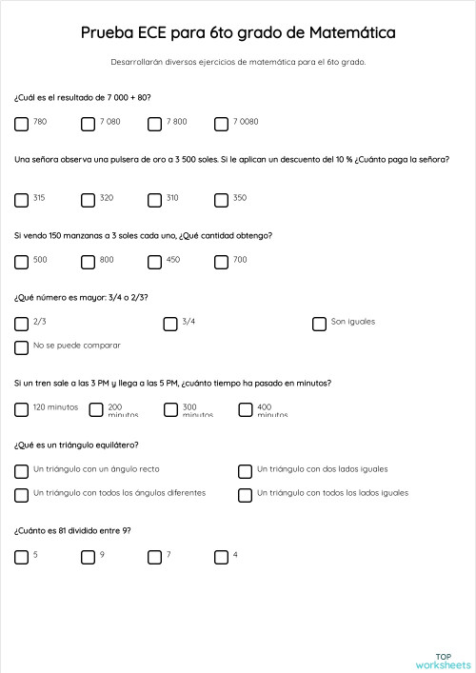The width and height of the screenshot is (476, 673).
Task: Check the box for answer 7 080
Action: coord(88,124)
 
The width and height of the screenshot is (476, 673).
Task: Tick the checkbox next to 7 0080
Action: coord(221,124)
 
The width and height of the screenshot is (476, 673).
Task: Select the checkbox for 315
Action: coord(21,200)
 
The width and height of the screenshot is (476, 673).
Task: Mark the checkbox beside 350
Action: coord(221,200)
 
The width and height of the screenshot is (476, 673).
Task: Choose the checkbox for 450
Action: coord(154,262)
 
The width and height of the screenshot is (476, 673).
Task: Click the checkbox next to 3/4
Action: coord(169,324)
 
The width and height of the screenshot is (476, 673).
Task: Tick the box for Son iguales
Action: coord(319,324)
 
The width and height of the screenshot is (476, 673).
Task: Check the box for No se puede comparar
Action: coord(21,347)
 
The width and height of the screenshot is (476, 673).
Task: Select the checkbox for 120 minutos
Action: coord(21,410)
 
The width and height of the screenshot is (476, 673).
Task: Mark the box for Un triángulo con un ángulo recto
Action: coord(21,471)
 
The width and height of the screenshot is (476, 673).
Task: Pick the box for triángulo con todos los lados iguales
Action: coord(245,495)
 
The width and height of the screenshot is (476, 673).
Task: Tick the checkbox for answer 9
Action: coord(88,557)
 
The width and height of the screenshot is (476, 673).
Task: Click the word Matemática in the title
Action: coord(353,33)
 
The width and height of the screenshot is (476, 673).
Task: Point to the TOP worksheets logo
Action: coord(443,660)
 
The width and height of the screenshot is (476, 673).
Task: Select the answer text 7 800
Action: coord(176,122)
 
